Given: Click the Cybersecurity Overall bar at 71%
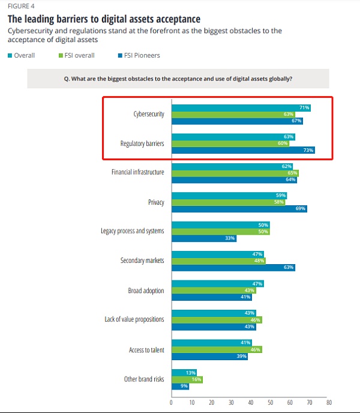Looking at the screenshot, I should point(240,107).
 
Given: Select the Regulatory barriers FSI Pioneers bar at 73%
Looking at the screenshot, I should point(242,150).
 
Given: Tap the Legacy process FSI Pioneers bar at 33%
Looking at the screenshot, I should point(203,238).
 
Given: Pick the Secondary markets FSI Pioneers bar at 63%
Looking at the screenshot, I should point(233,267).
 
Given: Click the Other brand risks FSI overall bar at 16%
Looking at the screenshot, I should point(187,379).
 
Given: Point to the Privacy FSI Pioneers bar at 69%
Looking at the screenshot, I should point(239,208).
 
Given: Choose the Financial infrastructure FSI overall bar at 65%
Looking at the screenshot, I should point(235,172).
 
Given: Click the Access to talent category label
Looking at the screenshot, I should point(146,350).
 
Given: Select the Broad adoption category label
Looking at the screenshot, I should point(146,291).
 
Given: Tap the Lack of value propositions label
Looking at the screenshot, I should point(134,319).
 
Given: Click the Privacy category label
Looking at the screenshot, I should point(156,202).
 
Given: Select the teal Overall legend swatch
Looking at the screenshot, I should point(10,56).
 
